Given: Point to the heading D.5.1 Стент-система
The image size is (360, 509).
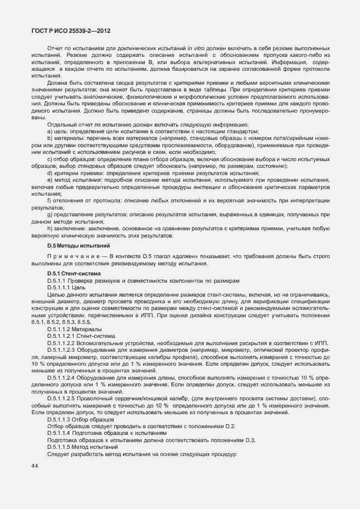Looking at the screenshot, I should (x=74, y=274).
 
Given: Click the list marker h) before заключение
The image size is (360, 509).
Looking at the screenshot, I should (x=50, y=229).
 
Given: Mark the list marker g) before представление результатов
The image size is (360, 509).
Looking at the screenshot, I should (x=50, y=215).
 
